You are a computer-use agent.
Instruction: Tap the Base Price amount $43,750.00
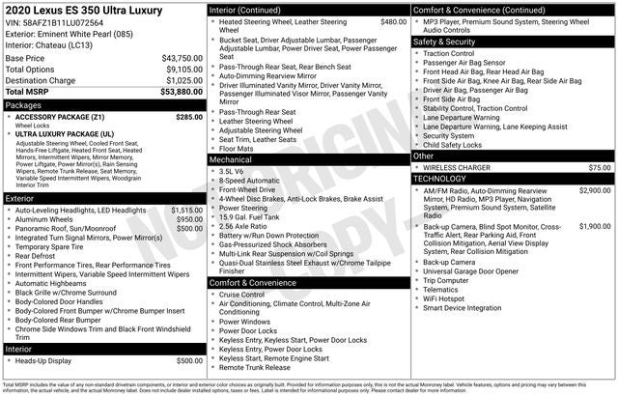pos(182,59)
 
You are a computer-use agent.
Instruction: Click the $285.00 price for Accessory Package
pos(189,117)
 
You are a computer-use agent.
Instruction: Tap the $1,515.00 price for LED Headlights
pos(186,210)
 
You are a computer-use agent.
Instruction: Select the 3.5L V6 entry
pos(231,171)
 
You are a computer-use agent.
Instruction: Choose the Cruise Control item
pos(241,295)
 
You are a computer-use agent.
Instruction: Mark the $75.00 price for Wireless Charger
pos(600,168)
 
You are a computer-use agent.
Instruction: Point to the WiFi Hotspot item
pos(443,298)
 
